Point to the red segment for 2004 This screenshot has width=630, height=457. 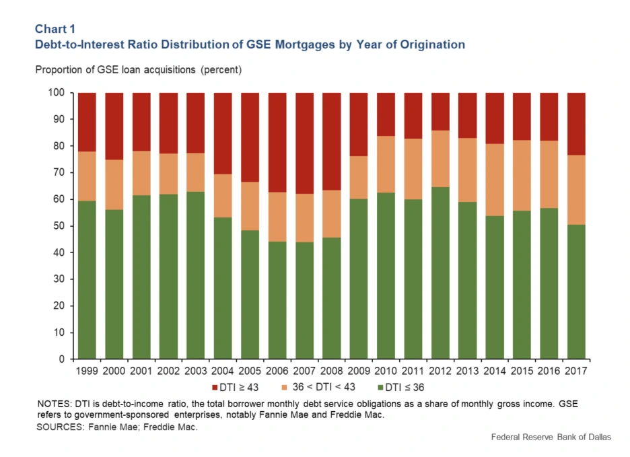pos(223,133)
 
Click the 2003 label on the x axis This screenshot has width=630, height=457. pos(195,372)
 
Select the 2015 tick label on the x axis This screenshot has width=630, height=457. pos(522,372)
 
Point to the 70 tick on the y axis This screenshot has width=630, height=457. pos(60,172)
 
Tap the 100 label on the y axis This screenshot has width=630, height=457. pos(57,92)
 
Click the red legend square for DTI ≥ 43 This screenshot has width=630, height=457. pos(215,387)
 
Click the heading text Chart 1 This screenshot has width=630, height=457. pos(55,30)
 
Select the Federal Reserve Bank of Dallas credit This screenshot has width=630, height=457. pos(551,437)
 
